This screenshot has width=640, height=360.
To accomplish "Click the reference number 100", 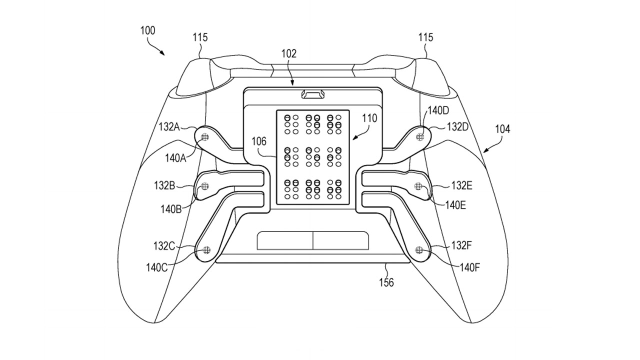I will (x=147, y=30).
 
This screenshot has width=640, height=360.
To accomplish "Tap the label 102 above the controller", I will (x=288, y=53).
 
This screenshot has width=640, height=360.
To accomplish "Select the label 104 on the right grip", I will (x=502, y=129).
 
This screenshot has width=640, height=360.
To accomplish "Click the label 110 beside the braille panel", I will (x=370, y=119).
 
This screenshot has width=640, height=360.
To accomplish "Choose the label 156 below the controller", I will (x=386, y=282).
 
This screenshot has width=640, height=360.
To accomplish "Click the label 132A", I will (x=169, y=127).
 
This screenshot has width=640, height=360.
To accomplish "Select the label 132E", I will (x=461, y=186).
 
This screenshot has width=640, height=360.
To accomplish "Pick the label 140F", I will (x=470, y=267).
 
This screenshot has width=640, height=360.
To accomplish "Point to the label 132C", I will (x=164, y=245).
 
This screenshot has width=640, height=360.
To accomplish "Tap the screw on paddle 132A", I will (x=205, y=136).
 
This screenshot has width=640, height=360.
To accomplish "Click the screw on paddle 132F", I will (x=419, y=249).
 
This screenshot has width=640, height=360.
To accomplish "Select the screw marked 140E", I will (x=418, y=186).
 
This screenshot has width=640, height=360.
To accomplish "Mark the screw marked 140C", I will (x=205, y=249).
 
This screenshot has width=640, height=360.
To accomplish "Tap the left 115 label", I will (x=200, y=37).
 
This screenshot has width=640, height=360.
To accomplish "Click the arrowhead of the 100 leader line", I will (x=164, y=54).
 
